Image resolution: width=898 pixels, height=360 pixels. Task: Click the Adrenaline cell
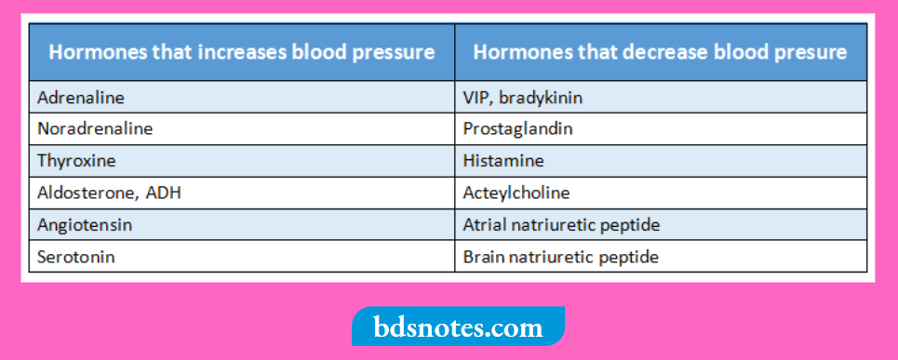pyautogui.click(x=81, y=97)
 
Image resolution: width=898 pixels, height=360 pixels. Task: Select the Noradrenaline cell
pyautogui.click(x=95, y=128)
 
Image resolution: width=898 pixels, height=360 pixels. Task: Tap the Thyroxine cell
pyautogui.click(x=76, y=161)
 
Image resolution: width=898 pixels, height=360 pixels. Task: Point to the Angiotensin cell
pyautogui.click(x=84, y=225)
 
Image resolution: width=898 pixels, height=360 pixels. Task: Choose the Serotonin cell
pyautogui.click(x=76, y=257)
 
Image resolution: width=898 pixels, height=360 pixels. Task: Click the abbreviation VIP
pyautogui.click(x=476, y=97)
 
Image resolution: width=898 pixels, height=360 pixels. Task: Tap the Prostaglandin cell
pyautogui.click(x=517, y=128)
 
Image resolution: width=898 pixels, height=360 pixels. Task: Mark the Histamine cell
pyautogui.click(x=503, y=161)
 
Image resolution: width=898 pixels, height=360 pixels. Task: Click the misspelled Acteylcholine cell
pyautogui.click(x=516, y=193)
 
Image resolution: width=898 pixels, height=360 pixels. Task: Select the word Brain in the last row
pyautogui.click(x=483, y=257)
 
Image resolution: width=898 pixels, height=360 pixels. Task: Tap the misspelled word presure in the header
pyautogui.click(x=807, y=52)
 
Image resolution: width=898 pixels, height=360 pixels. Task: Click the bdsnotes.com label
pyautogui.click(x=458, y=327)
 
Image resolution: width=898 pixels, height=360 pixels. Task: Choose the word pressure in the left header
pyautogui.click(x=391, y=52)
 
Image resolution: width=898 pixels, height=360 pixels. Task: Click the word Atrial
pyautogui.click(x=484, y=225)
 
